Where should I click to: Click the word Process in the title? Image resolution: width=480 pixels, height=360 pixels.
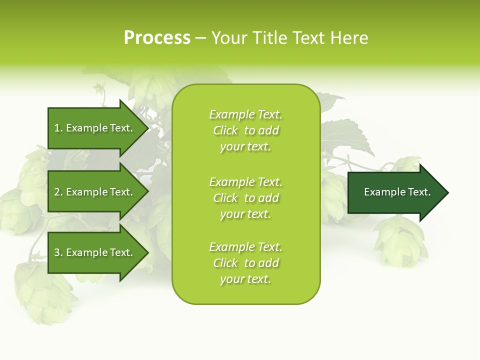[x=157, y=38]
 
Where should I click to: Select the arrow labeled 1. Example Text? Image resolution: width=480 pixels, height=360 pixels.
[x=95, y=128]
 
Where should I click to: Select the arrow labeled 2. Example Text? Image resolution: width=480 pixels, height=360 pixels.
[x=95, y=192]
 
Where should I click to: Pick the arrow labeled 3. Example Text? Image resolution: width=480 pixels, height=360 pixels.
[x=95, y=252]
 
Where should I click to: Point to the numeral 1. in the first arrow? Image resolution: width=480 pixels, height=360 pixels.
[x=58, y=128]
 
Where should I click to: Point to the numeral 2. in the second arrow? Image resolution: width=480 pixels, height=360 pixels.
[x=58, y=192]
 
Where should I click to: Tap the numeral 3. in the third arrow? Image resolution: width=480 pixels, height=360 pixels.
[x=58, y=252]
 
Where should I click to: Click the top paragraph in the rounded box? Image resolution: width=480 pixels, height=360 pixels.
[x=245, y=130]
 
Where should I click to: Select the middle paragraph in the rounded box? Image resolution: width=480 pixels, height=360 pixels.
[x=245, y=198]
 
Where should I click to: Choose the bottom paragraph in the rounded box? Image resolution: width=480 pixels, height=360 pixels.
[x=245, y=263]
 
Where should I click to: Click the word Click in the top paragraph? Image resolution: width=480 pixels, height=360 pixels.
[x=225, y=130]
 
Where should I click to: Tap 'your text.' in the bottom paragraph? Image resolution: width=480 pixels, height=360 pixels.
[x=245, y=279]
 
